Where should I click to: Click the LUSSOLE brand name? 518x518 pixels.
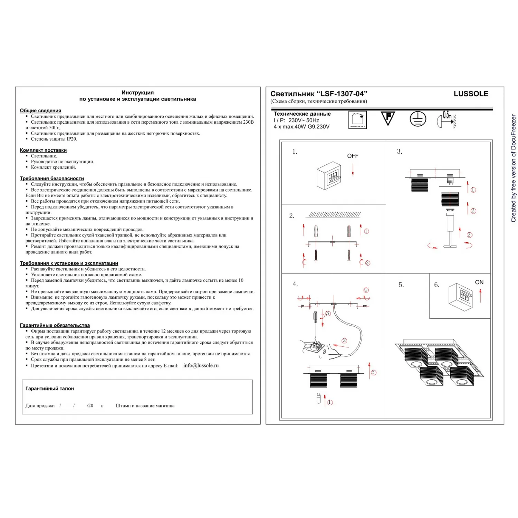[471, 94]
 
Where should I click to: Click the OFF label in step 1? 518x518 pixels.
[353, 156]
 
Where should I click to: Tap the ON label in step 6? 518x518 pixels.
[479, 282]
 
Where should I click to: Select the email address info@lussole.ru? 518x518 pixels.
[201, 365]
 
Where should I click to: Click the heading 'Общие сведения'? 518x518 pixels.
[40, 111]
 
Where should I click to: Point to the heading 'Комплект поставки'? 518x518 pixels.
[43, 150]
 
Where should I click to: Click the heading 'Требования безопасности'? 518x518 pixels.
[52, 179]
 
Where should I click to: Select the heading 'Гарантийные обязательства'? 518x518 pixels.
[55, 325]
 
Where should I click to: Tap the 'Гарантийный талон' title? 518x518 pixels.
[50, 388]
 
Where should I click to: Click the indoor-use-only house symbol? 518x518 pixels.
[357, 120]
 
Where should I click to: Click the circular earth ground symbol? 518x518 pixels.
[418, 119]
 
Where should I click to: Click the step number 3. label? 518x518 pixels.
[400, 152]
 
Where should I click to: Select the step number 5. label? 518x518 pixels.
[401, 285]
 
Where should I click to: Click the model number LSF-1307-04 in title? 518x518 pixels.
[342, 94]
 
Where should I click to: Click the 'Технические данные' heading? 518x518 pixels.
[302, 114]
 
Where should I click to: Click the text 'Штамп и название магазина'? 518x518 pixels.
[145, 406]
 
